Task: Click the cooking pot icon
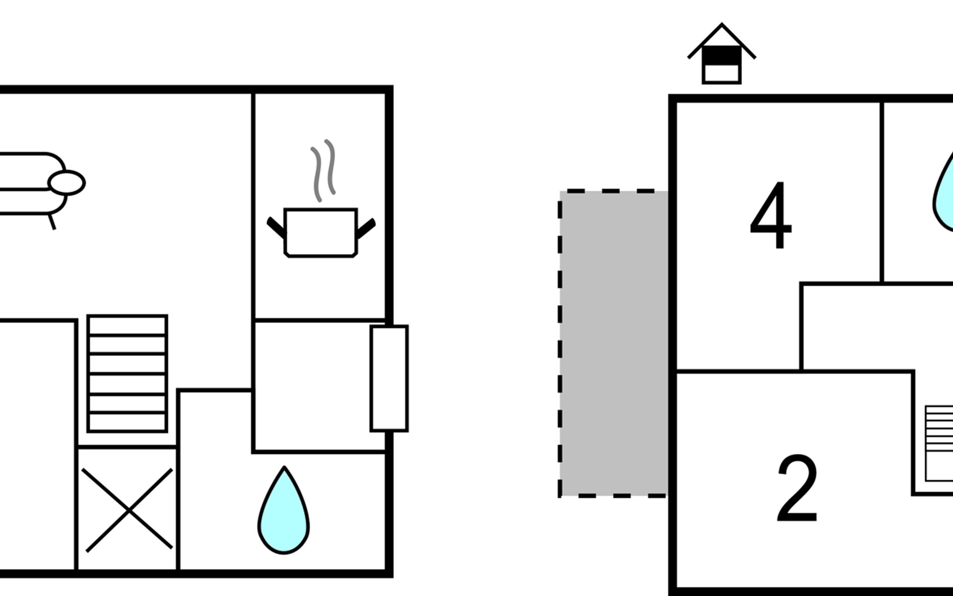(x=321, y=232)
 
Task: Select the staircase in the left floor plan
(x=127, y=373)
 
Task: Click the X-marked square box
(x=128, y=509)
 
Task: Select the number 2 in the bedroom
(x=797, y=488)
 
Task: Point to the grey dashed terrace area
(x=613, y=343)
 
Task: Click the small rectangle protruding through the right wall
(x=389, y=378)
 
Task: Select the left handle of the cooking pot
(x=276, y=227)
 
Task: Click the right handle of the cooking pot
(x=366, y=228)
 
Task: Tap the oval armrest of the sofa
(x=67, y=183)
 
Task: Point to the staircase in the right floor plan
(x=939, y=444)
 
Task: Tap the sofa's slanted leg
(x=52, y=222)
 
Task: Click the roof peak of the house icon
(x=722, y=24)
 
